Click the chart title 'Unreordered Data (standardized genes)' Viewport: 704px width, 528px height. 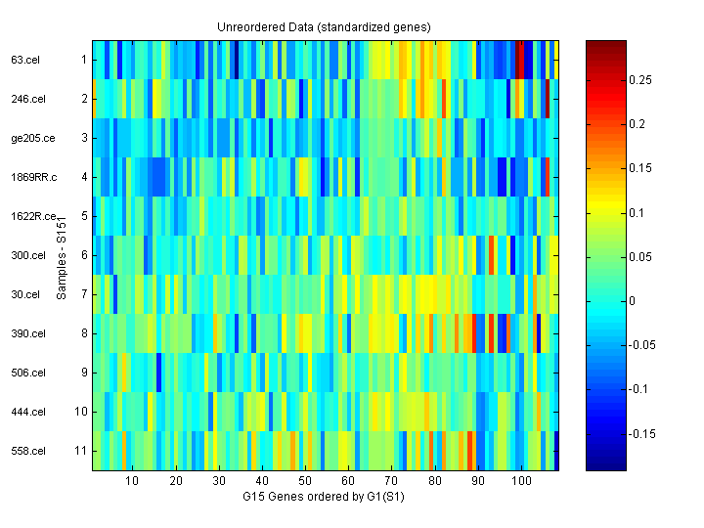tap(324, 26)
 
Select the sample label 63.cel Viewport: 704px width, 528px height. tap(23, 60)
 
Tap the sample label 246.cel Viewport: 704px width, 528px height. tap(26, 99)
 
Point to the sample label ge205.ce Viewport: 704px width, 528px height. tap(32, 138)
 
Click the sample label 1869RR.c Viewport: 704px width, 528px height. tap(34, 177)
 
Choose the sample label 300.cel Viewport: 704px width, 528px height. tap(26, 255)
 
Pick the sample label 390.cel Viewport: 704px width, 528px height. tap(26, 333)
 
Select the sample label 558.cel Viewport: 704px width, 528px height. tap(26, 451)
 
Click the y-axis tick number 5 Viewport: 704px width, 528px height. tap(84, 216)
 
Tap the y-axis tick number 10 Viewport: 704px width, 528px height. tap(81, 412)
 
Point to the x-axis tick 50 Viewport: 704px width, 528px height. tap(305, 482)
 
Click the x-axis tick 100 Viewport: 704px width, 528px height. tap(521, 482)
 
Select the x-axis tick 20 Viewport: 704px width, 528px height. tap(176, 482)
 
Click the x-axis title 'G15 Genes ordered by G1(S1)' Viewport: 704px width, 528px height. tap(324, 498)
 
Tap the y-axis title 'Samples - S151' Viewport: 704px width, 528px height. tap(61, 255)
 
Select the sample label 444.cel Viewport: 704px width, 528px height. tap(26, 412)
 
